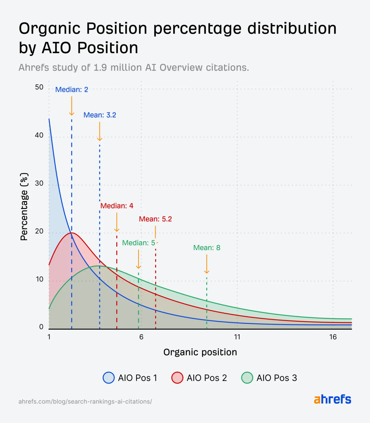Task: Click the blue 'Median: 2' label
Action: tap(72, 90)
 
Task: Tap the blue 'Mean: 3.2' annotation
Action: tap(100, 115)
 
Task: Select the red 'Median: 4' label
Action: tap(117, 206)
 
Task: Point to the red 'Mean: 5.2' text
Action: tap(155, 219)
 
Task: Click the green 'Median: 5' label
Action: tap(139, 243)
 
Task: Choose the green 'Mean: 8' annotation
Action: tap(207, 248)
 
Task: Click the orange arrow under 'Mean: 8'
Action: tap(207, 264)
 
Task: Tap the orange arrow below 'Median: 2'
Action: tap(72, 106)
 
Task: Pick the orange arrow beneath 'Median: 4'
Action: tap(117, 222)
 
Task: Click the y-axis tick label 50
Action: tap(39, 87)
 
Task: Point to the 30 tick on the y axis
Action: tap(39, 183)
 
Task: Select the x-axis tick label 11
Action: tap(237, 337)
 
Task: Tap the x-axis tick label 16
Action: tap(333, 337)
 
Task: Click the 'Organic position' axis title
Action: tap(200, 352)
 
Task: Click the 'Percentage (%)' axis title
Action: tap(24, 207)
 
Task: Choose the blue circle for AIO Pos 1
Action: tap(109, 378)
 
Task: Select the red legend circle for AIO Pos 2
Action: tap(177, 378)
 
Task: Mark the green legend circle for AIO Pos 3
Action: tap(247, 378)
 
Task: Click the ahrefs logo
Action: tap(332, 399)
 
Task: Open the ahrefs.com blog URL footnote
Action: tap(85, 402)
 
